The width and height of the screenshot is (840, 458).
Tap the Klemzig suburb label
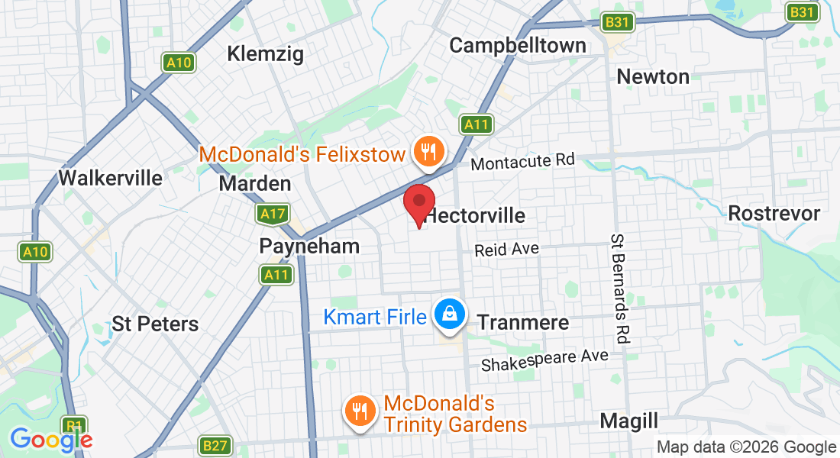(x=266, y=53)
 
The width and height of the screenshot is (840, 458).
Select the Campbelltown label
(x=518, y=45)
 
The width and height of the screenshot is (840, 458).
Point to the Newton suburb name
(x=653, y=76)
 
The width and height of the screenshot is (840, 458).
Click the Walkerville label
(x=111, y=179)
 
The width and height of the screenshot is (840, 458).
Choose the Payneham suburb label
(x=309, y=246)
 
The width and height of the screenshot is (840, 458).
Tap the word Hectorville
(x=476, y=215)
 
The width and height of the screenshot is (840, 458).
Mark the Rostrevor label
(x=774, y=213)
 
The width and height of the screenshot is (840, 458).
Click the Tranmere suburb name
(x=523, y=322)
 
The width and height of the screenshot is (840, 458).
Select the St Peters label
(x=155, y=324)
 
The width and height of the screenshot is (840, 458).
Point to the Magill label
(x=628, y=421)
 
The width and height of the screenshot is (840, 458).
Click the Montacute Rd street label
(x=522, y=162)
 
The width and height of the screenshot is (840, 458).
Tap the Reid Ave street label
(x=506, y=250)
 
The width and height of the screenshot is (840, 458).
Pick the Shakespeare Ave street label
(x=544, y=360)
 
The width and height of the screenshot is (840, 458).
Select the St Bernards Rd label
(x=619, y=289)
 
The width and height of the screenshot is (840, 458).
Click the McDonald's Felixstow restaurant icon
(x=429, y=152)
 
